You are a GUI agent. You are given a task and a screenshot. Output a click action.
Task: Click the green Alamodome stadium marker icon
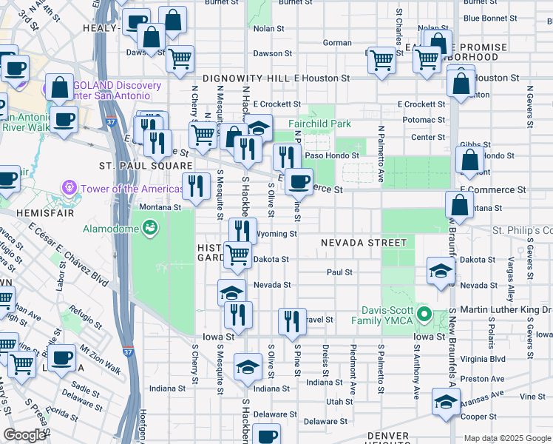coord(151,227)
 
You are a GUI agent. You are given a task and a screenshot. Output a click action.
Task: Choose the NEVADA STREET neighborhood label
coord(363,243)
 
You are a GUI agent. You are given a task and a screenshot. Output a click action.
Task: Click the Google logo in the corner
coord(25,435)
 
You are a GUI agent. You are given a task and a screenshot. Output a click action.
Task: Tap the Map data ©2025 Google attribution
coord(506,438)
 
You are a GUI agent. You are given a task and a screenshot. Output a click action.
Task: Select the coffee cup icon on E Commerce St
coord(299,181)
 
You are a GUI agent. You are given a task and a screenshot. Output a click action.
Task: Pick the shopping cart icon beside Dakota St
coord(237,254)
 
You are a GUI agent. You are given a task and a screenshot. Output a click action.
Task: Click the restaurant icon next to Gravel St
coord(292,320)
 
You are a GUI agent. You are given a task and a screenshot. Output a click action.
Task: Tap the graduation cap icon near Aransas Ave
coord(446,403)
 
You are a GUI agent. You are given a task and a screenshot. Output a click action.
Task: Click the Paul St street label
coord(339,272)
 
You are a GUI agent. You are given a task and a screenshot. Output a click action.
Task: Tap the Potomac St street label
coord(424,120)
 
